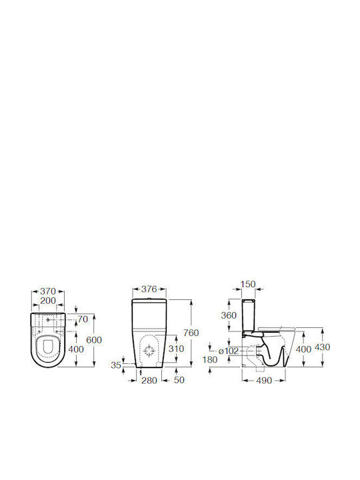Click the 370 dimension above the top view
point(48,291)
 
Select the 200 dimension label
point(48,301)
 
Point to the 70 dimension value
point(83,319)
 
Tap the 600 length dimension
point(94,340)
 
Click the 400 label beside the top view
point(75,349)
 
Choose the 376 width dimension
point(149,289)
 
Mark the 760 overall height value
point(191,333)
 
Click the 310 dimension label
point(176,349)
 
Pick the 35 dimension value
point(116,365)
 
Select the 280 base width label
point(149,380)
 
